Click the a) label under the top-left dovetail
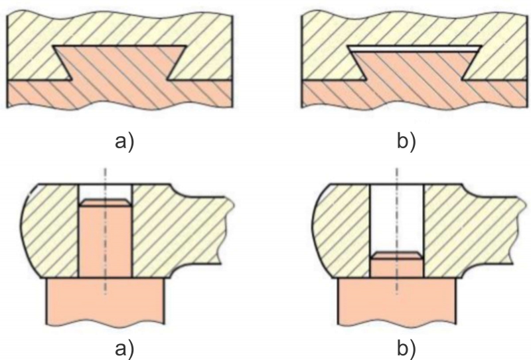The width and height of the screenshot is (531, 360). point(121,141)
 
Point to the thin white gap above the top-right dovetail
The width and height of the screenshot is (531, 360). point(415,49)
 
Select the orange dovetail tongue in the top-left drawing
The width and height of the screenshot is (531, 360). point(119,63)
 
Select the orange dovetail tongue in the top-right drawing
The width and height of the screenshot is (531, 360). point(415,65)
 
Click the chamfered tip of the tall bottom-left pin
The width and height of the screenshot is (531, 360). point(105,201)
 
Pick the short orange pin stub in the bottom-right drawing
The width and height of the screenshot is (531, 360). point(396,266)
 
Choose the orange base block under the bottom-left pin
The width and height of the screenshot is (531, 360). point(105,302)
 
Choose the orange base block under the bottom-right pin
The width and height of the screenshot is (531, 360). point(396,302)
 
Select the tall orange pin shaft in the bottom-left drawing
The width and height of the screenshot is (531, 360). point(105,242)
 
